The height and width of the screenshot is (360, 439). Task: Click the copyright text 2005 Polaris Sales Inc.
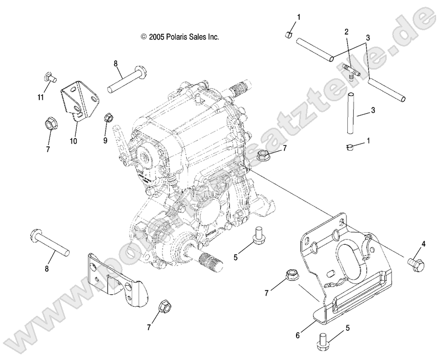pos(179,36)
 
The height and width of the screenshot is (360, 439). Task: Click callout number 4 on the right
pos(423,244)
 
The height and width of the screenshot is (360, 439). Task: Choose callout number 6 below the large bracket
pos(297,335)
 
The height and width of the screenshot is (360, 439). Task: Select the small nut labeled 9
pos(135,118)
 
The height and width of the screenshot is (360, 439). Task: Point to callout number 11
pos(41,97)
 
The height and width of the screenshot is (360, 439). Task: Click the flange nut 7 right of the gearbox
pos(263,155)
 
